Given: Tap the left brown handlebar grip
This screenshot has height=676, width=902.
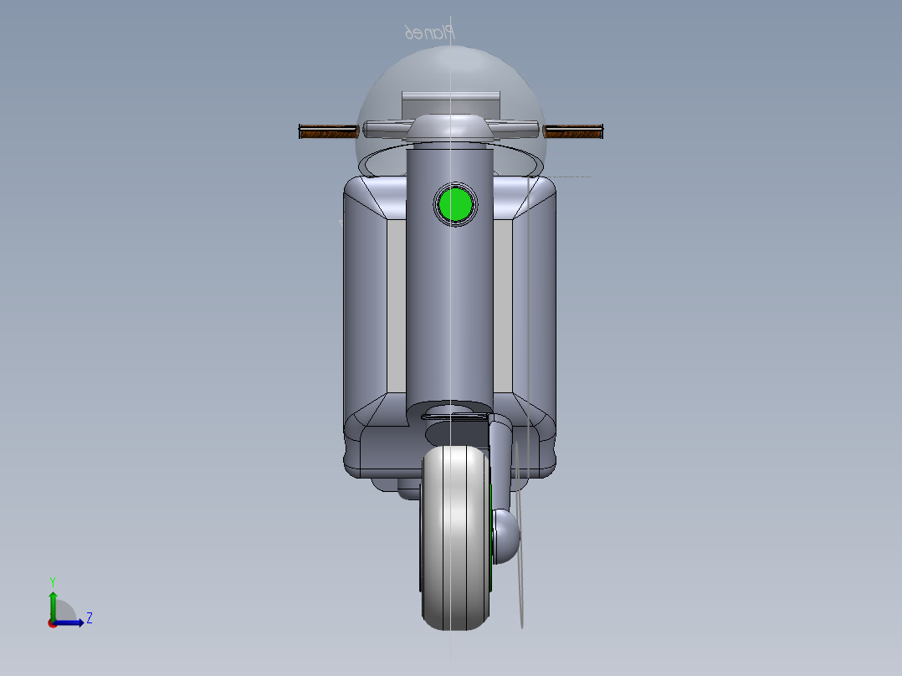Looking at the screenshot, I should [x=327, y=131].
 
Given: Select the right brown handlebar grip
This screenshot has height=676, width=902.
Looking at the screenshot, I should [x=573, y=131].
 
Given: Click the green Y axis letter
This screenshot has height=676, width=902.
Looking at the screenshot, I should [x=52, y=581].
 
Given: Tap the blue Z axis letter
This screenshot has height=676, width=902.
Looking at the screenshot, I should [x=89, y=618].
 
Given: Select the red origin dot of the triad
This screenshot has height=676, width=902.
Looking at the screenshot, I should [x=52, y=622].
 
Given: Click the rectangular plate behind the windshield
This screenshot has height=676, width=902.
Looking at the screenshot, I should [x=450, y=105].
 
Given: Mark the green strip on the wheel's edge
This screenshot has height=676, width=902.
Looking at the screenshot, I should [x=491, y=535].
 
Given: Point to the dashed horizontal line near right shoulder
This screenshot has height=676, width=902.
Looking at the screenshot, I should [x=569, y=177].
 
